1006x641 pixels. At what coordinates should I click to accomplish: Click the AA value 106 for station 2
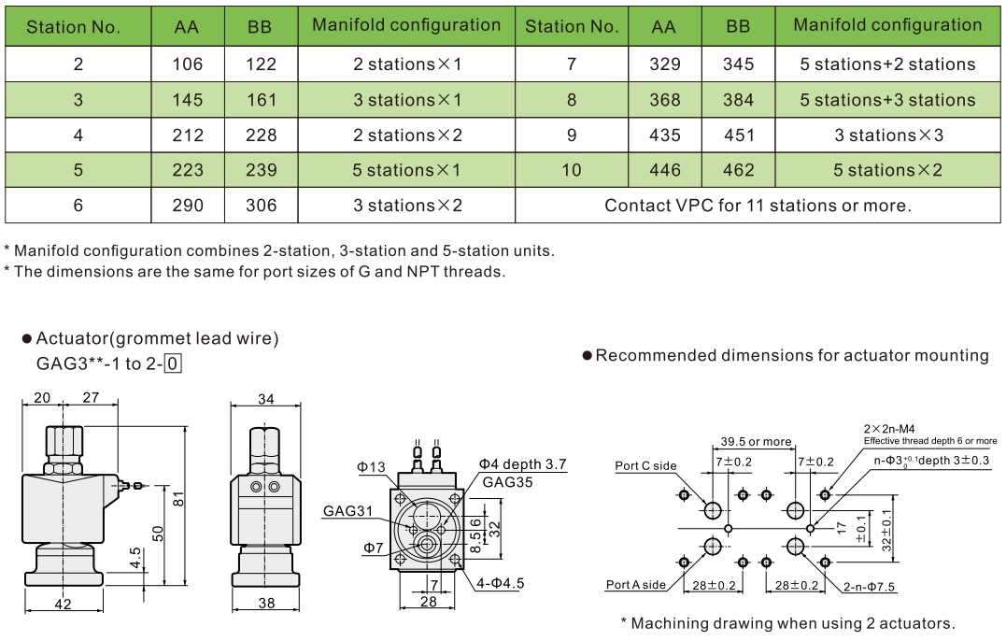(189, 64)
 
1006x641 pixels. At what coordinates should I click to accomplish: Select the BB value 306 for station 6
(261, 206)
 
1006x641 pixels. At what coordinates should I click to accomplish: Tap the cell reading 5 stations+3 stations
(887, 100)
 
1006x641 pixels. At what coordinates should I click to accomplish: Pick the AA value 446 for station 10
(664, 170)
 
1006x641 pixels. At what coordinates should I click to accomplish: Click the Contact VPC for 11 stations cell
(758, 206)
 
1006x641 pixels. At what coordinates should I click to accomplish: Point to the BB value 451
(738, 135)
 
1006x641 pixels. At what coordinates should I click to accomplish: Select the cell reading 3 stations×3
(887, 135)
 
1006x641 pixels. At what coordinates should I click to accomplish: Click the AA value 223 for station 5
(189, 170)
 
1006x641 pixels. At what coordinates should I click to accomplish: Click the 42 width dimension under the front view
(63, 605)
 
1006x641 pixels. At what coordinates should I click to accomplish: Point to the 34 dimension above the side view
(265, 400)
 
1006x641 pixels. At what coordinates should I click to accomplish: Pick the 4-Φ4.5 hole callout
(500, 583)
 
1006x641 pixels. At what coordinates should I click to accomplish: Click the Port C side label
(645, 465)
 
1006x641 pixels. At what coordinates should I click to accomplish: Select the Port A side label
(636, 585)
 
